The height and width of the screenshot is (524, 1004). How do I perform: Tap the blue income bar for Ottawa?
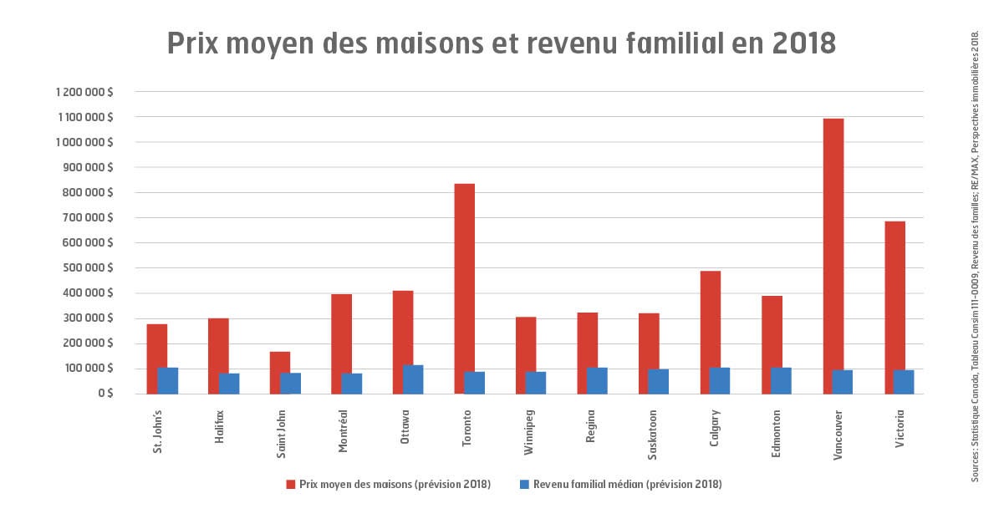click(x=413, y=379)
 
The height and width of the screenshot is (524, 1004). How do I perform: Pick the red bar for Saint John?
click(x=280, y=372)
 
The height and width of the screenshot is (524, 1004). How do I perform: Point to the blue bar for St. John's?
click(x=168, y=380)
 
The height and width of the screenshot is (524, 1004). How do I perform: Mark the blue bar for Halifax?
click(x=229, y=383)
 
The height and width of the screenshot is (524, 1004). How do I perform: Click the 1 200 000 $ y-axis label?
click(x=84, y=92)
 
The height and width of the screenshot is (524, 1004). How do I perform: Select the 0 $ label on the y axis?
click(x=104, y=394)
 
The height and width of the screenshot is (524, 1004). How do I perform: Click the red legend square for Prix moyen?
click(x=291, y=485)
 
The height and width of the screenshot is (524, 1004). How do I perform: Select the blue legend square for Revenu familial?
click(x=524, y=485)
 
